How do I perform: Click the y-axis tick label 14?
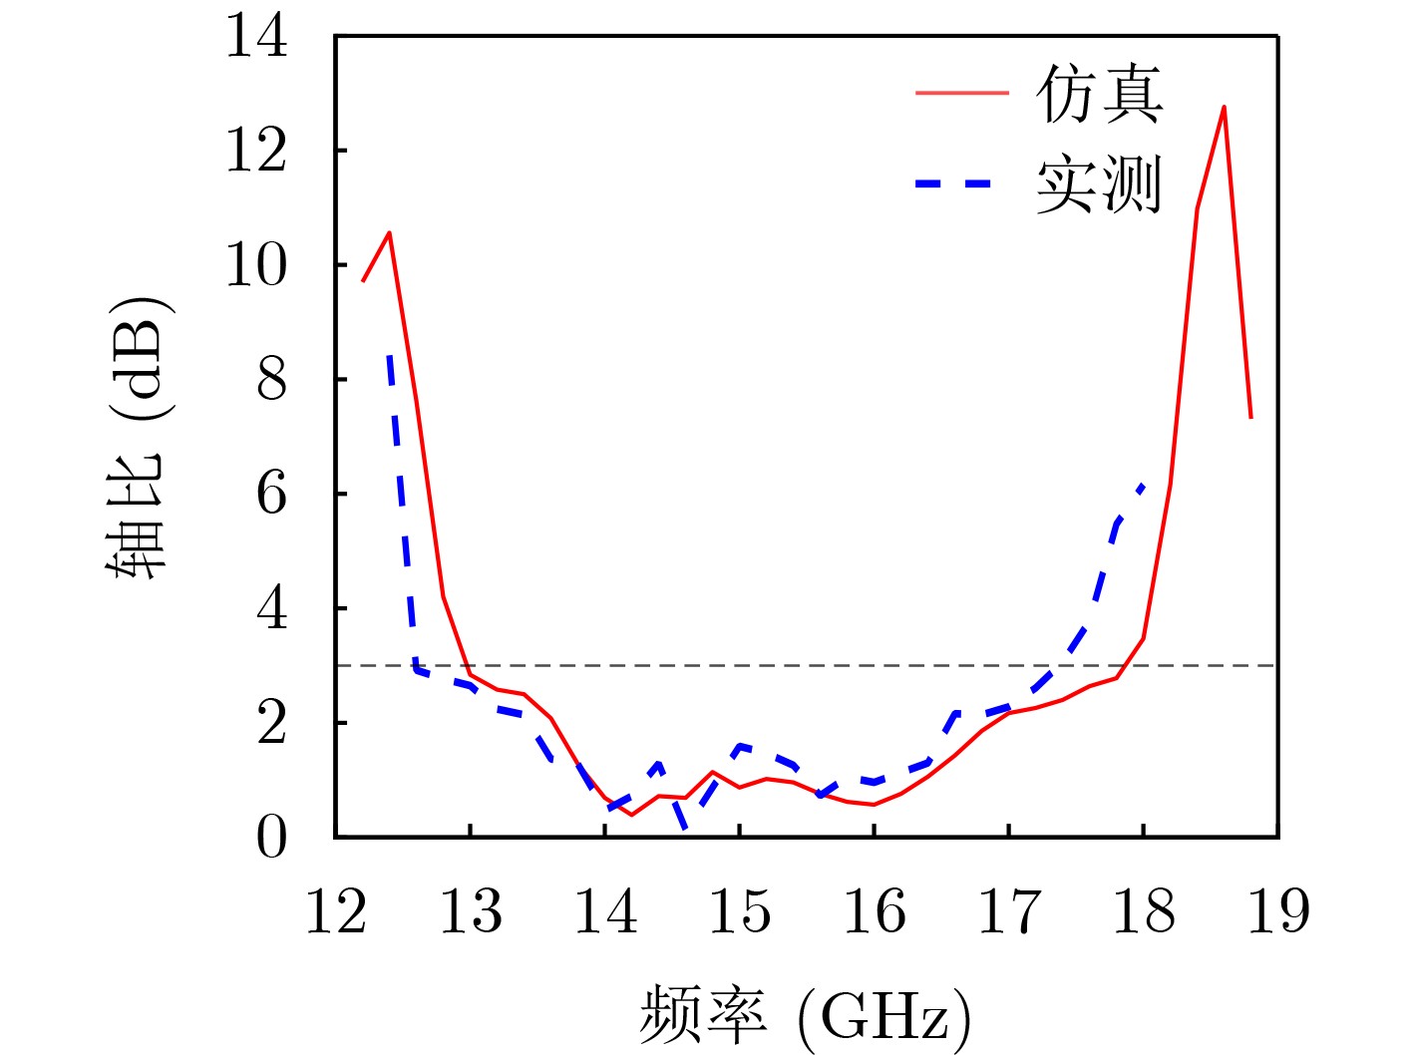pos(256,37)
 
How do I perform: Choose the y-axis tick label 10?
pos(256,265)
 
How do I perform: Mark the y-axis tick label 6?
pos(271,494)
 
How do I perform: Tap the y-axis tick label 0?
pos(271,837)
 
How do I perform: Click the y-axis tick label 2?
pos(271,723)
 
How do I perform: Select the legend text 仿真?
pos(1099,95)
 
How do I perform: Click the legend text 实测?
pos(1099,184)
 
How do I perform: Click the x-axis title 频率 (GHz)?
pos(805,1015)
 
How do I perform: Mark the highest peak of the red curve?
pos(1224,107)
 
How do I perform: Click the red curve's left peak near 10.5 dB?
pos(389,232)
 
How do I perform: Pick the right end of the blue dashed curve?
pos(1143,485)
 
